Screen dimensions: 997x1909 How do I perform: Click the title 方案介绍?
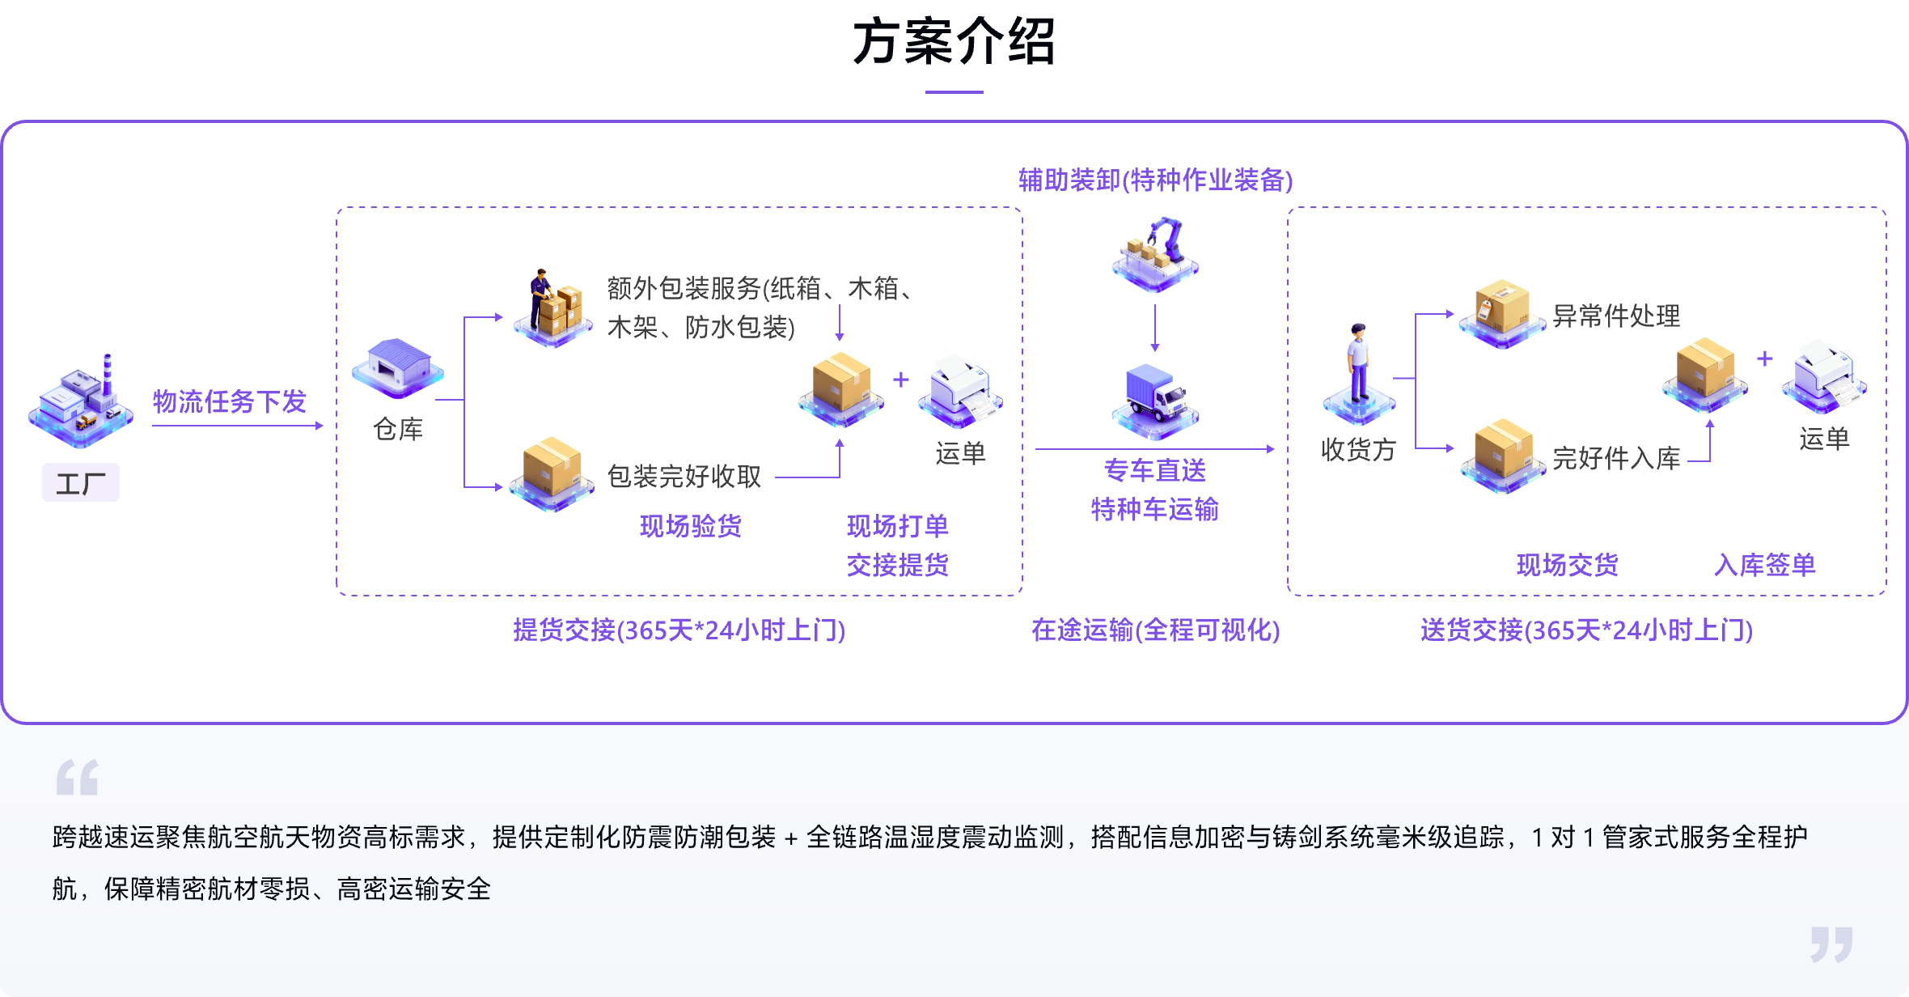954,42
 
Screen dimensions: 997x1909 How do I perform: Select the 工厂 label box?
81,483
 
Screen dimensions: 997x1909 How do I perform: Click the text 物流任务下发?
230,401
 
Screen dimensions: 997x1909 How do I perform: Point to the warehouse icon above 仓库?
398,369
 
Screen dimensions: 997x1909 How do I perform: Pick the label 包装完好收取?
684,477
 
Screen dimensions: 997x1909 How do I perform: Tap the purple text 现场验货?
691,526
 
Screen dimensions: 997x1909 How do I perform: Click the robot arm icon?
1156,252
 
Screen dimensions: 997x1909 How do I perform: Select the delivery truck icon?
1156,401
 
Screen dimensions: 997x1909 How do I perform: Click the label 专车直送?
1155,470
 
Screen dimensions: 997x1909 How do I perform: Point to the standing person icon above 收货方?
1359,372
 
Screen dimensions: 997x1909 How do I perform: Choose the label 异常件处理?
1616,316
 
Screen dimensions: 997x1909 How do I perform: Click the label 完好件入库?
1616,458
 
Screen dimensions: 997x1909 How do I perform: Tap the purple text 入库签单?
1765,565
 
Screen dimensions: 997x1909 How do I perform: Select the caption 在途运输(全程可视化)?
1156,630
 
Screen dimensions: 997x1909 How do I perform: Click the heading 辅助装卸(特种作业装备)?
1156,180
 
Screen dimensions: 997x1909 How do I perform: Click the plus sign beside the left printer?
901,380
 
